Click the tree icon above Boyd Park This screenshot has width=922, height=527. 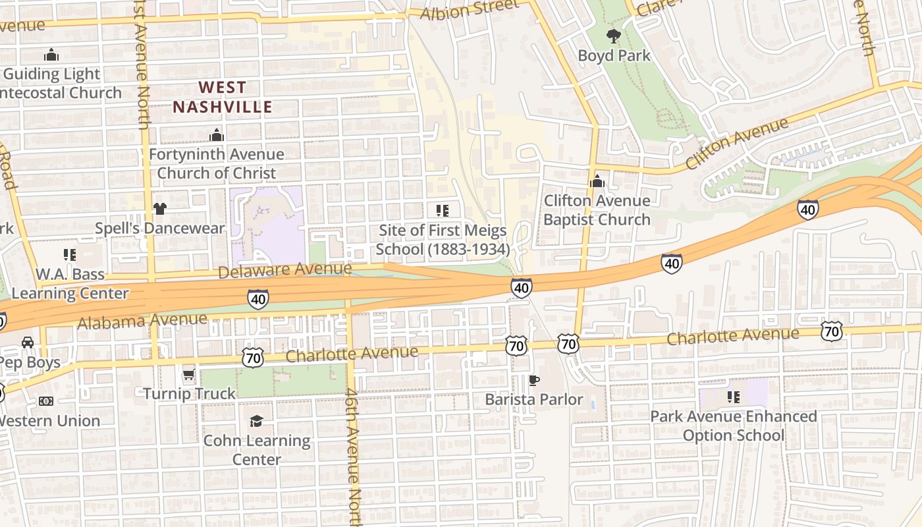click(x=613, y=36)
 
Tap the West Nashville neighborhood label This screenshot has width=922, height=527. click(x=222, y=97)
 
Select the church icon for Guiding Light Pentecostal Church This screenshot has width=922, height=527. click(x=51, y=55)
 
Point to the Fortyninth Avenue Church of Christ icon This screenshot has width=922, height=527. click(x=217, y=136)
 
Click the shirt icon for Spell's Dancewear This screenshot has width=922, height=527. click(x=160, y=209)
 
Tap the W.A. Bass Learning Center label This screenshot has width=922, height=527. click(x=70, y=283)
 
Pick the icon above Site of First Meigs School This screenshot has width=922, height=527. click(x=443, y=211)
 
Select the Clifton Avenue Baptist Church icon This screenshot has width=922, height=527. click(x=597, y=180)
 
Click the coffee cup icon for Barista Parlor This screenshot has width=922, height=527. click(x=534, y=380)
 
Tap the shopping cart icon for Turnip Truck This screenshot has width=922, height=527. click(x=189, y=374)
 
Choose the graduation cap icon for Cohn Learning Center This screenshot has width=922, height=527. click(x=256, y=421)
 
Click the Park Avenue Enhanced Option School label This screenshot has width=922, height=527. click(x=733, y=426)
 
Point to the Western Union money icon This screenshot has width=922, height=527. click(x=45, y=401)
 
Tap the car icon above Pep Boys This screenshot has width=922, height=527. click(x=28, y=343)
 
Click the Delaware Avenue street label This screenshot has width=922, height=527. click(x=285, y=270)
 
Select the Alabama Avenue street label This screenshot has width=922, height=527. click(x=142, y=321)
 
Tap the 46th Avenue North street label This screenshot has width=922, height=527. click(x=354, y=455)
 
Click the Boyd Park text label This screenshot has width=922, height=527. click(x=614, y=55)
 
